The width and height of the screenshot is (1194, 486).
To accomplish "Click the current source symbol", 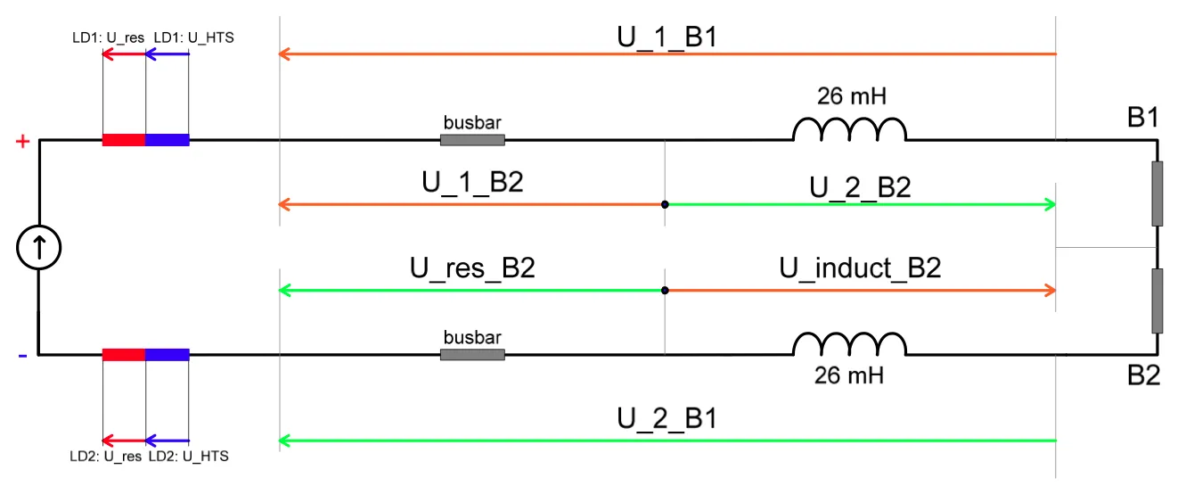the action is (x=39, y=248).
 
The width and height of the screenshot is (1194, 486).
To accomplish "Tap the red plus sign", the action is (x=22, y=142).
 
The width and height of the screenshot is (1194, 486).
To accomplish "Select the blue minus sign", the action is (x=22, y=356).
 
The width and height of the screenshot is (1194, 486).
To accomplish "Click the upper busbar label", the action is (x=472, y=123).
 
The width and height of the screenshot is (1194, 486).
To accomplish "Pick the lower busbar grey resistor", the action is (x=472, y=355).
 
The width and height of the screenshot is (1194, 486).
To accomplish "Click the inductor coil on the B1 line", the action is (x=850, y=129).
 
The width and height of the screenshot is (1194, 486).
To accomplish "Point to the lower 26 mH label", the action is (x=848, y=375).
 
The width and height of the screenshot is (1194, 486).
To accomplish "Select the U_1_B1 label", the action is (x=667, y=37).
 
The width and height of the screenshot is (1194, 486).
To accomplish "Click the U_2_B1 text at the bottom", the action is (x=667, y=418).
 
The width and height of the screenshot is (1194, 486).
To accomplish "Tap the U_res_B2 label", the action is (x=472, y=268).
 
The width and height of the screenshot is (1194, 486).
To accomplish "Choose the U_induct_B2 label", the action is (x=860, y=268).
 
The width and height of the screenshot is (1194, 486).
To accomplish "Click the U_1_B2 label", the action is (x=472, y=183).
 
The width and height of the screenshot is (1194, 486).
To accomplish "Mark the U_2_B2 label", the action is (x=860, y=188).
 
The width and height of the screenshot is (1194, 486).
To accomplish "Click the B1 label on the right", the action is (x=1143, y=118).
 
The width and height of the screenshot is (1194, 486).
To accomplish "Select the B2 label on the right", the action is (x=1143, y=375).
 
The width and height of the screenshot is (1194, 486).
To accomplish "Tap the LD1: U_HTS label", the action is (x=193, y=37).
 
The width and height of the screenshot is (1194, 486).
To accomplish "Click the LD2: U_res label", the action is (x=105, y=457).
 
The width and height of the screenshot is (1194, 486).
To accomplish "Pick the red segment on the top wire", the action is (x=124, y=140).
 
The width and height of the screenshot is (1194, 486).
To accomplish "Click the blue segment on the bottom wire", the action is (x=168, y=355).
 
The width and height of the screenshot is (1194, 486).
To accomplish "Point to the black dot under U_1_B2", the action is (x=665, y=204).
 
